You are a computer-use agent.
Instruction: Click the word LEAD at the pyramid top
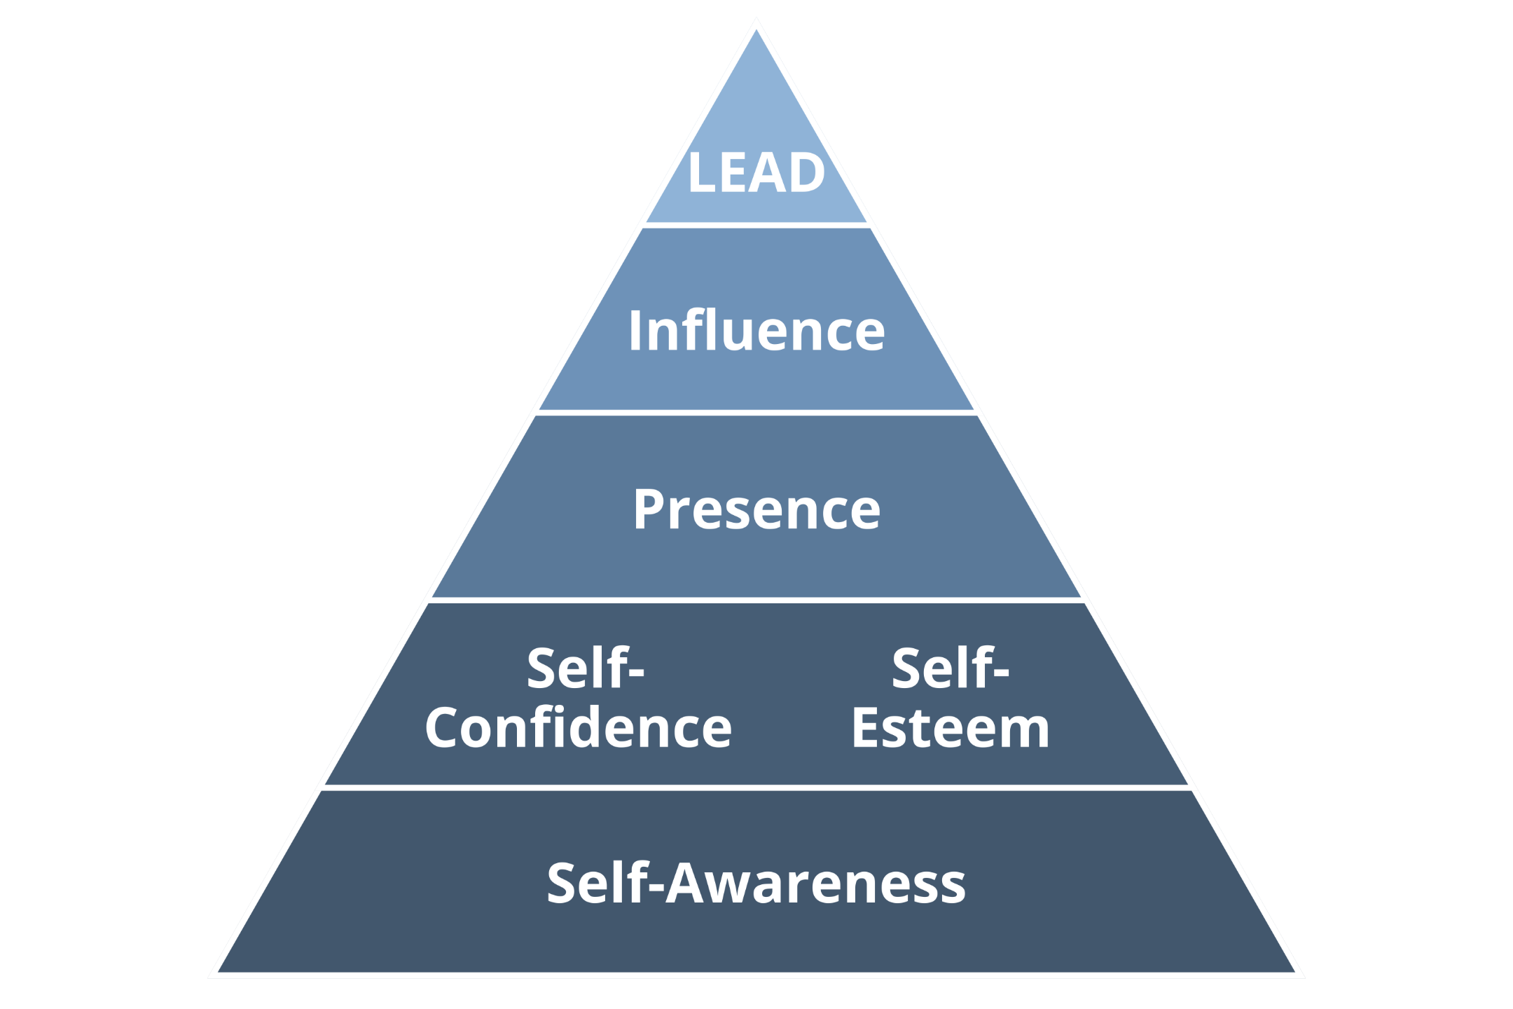click(756, 172)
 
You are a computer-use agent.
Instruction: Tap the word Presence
click(756, 509)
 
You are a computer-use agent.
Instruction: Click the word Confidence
click(579, 728)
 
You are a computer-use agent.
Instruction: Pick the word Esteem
click(951, 728)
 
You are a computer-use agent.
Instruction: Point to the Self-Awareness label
click(756, 883)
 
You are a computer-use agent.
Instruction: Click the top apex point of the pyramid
click(756, 29)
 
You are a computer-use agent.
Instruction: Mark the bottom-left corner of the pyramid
click(219, 972)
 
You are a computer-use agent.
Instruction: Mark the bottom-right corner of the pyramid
click(1294, 972)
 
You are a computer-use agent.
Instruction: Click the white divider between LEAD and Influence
click(756, 225)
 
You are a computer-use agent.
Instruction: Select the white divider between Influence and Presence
click(756, 413)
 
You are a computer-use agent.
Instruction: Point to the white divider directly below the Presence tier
click(756, 600)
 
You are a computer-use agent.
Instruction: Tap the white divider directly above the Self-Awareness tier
click(756, 788)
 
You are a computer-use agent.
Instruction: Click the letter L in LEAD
click(701, 172)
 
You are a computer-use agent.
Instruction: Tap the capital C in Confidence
click(444, 728)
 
